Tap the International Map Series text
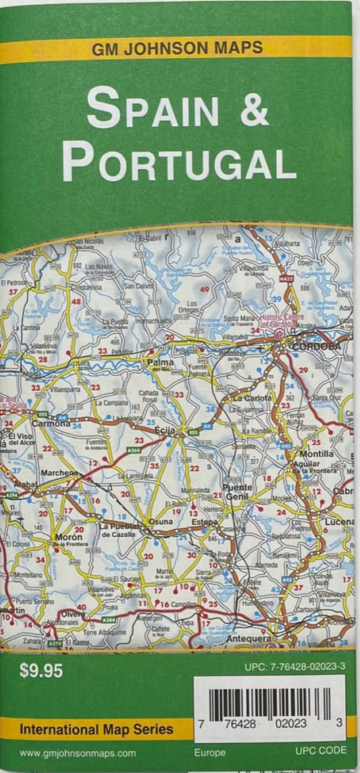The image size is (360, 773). coord(97,729)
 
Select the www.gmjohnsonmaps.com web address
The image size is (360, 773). coord(78,753)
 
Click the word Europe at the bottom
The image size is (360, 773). coord(210,751)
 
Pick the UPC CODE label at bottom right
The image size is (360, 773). coord(320,750)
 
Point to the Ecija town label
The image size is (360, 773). coord(165,430)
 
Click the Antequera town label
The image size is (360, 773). coord(248,638)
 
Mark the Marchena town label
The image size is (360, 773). coord(60,474)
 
